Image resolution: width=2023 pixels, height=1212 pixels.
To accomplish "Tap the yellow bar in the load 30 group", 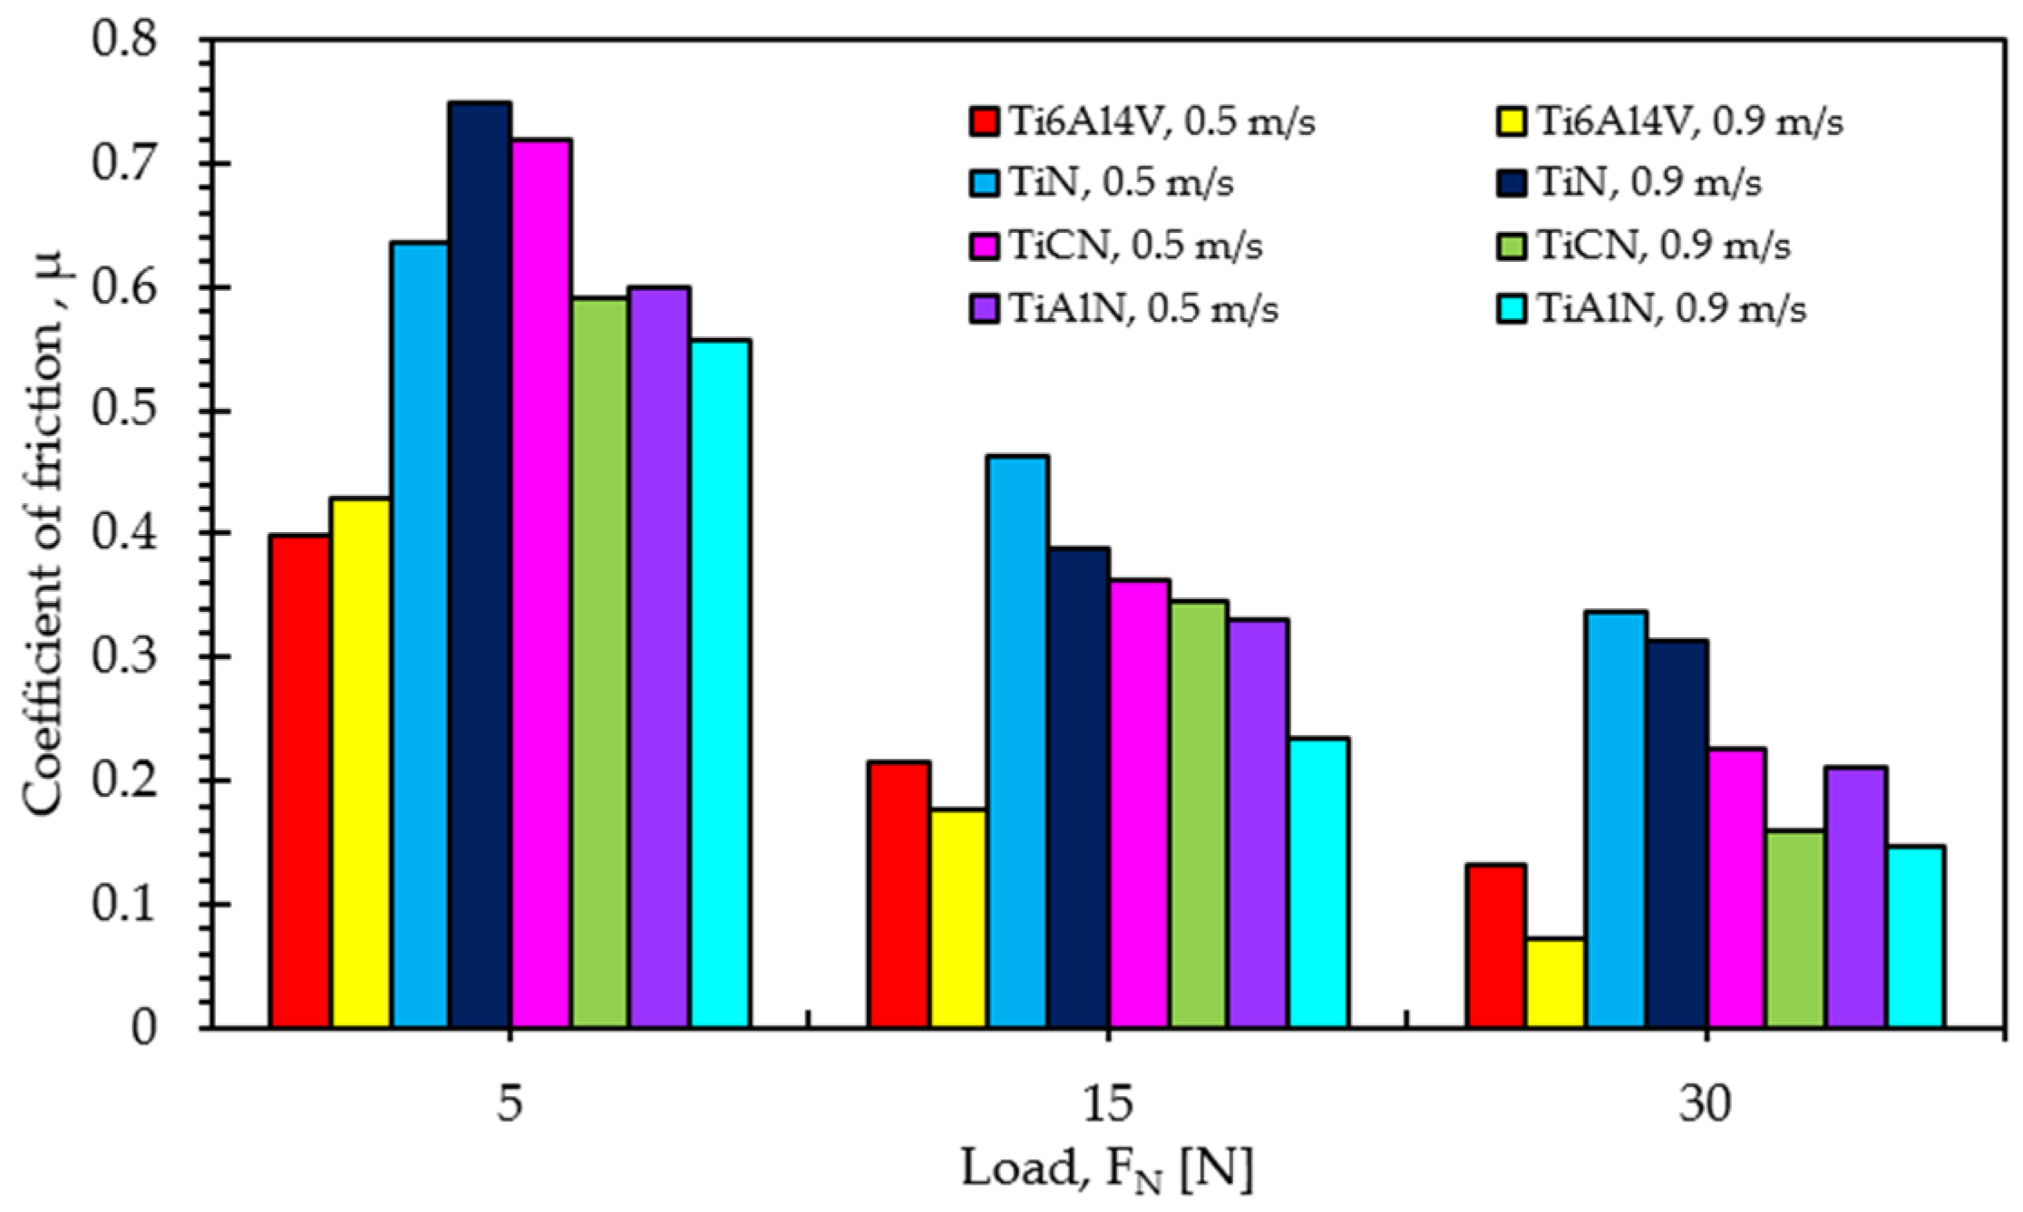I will pyautogui.click(x=1555, y=984).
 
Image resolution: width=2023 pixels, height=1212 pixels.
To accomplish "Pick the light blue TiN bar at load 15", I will pyautogui.click(x=1017, y=742).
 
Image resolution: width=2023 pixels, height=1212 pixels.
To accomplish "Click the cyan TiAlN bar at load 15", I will pyautogui.click(x=1318, y=884).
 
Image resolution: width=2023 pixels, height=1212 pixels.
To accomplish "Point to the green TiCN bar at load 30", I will pyautogui.click(x=1795, y=929).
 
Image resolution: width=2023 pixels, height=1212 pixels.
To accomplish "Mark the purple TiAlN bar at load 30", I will pyautogui.click(x=1856, y=897).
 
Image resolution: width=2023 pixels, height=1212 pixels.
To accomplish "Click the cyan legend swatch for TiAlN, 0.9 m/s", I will pyautogui.click(x=1510, y=308).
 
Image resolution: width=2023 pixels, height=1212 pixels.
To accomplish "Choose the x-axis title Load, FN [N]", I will pyautogui.click(x=1107, y=1171).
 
